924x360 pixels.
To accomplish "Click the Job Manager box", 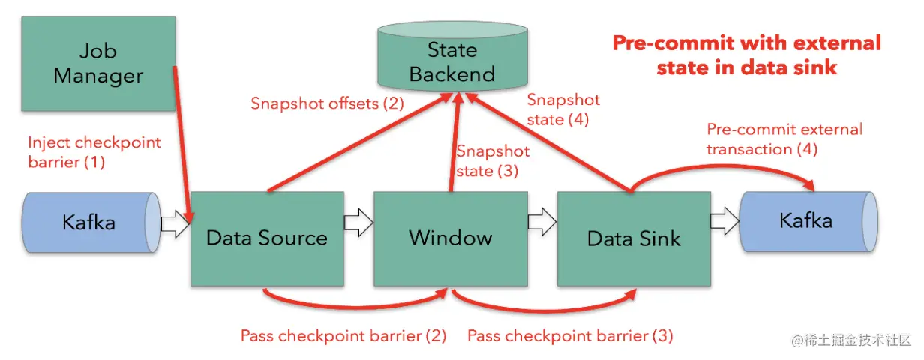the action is coord(98,64).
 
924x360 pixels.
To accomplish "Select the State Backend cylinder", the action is coord(452,56).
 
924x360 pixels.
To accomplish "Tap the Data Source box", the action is coord(267,238).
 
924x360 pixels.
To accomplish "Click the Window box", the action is coord(451,238).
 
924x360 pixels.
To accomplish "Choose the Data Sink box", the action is coord(634,238).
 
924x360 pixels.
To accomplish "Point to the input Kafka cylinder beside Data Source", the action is coord(91,222).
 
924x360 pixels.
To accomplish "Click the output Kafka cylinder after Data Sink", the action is coord(808,221).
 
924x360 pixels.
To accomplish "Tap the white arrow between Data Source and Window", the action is coord(358,223).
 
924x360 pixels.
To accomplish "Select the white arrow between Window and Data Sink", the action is coord(542,222).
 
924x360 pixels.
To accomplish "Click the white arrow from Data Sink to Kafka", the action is coord(724,221).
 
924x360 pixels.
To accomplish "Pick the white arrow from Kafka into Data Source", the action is coord(175,224).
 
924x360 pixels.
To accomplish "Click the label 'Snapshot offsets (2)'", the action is coord(327,103).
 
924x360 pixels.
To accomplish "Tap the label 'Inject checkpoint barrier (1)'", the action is coord(94,152).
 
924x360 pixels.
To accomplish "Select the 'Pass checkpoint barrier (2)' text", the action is coord(343,336).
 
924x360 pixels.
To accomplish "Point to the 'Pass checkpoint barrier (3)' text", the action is coord(570,336).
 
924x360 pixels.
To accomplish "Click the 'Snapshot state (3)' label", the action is coord(493,160).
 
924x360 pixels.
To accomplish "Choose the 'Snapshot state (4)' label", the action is coord(563,109).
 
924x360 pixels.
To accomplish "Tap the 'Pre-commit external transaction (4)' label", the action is coord(784,139).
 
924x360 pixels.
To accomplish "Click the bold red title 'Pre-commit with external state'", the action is coord(747,55).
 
